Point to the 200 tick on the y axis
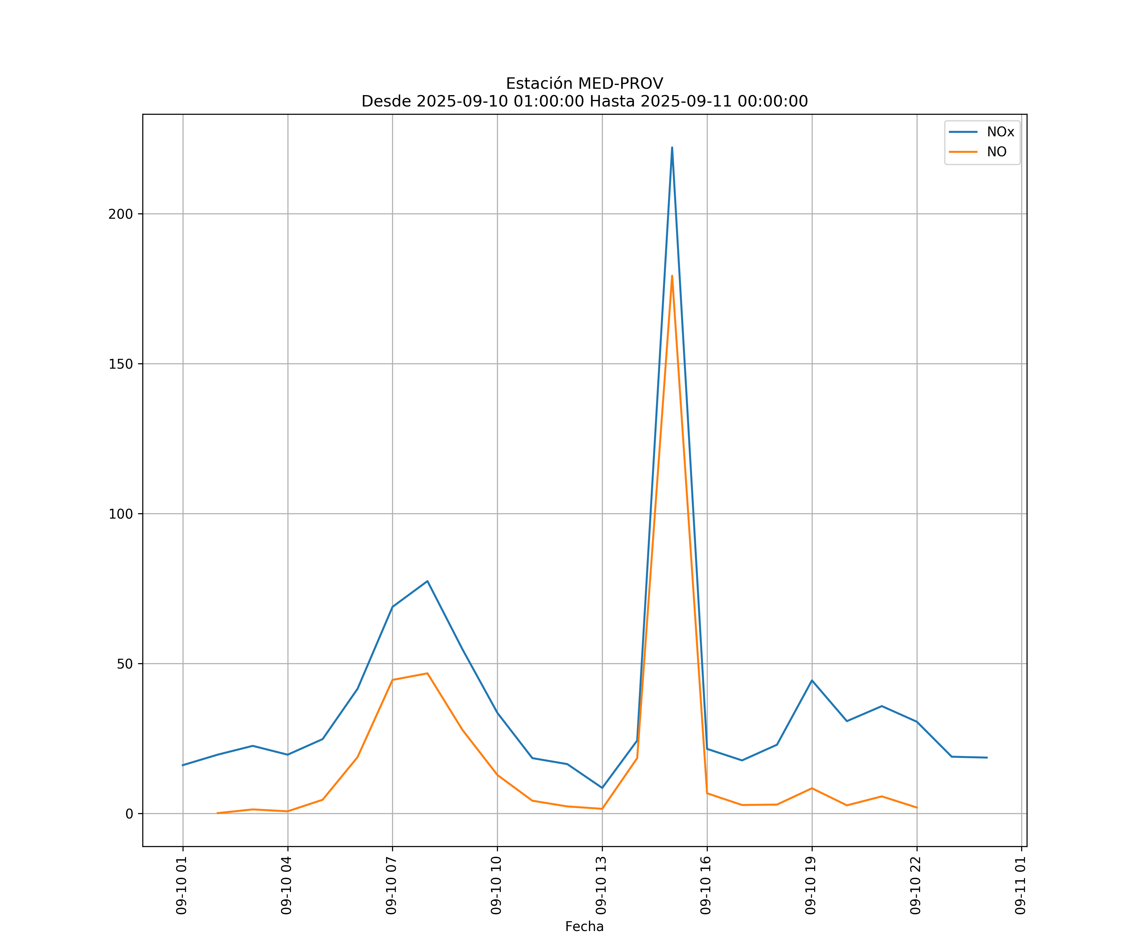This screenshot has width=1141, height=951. (121, 214)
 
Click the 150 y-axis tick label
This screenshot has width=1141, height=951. (121, 364)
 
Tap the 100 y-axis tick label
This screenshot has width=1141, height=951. (121, 514)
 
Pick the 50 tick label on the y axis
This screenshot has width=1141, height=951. (125, 664)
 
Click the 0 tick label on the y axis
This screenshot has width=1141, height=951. (129, 814)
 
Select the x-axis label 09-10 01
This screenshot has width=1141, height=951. (182, 885)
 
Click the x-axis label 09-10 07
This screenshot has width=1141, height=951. (392, 885)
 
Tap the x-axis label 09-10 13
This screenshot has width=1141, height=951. (602, 885)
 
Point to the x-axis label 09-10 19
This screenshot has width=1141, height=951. (811, 885)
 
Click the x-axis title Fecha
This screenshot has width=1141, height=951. (584, 927)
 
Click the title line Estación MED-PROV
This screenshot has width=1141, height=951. (584, 84)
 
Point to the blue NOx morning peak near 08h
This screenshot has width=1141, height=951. (427, 581)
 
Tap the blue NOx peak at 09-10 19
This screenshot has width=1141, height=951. (812, 680)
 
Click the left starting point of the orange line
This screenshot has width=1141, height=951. (217, 813)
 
